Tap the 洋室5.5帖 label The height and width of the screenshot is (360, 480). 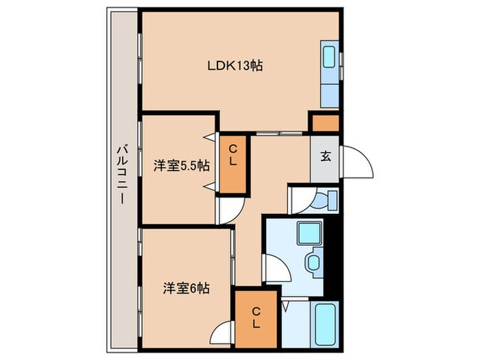[181, 165]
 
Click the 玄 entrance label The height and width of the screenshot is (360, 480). [325, 155]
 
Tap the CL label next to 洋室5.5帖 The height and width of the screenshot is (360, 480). [232, 156]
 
